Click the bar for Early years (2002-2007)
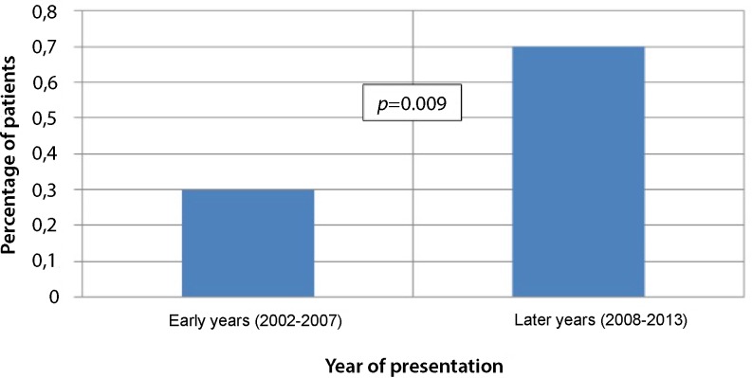tap(248, 243)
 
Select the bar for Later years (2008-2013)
tap(578, 171)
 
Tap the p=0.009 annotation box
tap(413, 102)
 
